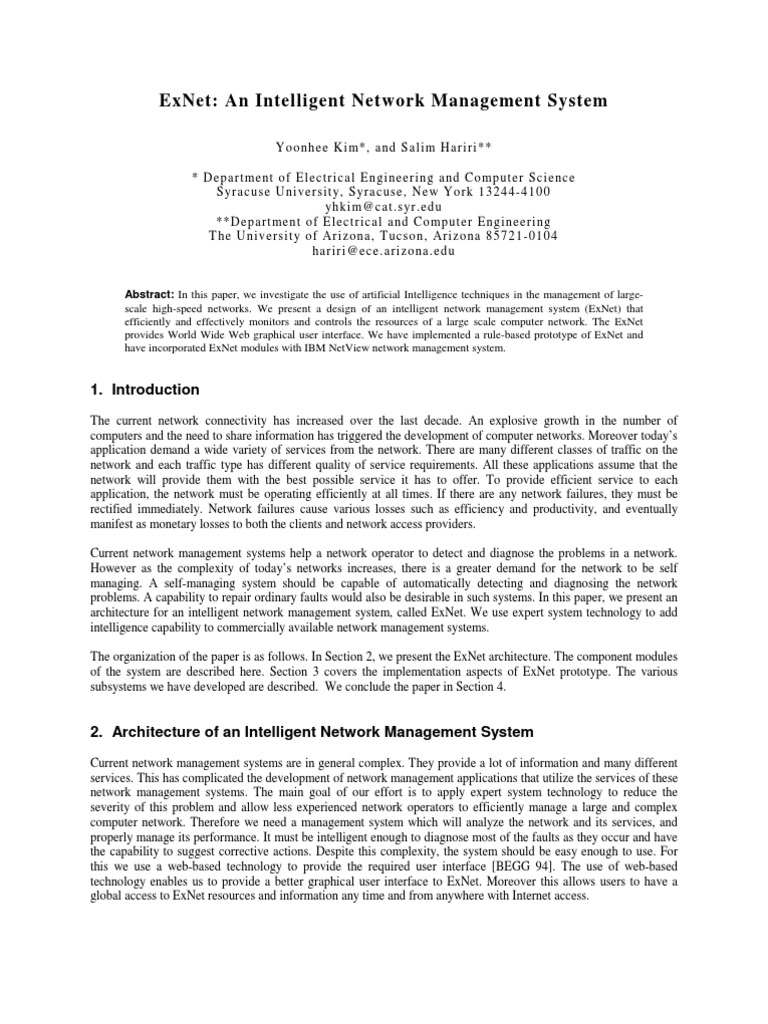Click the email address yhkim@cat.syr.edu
[x=383, y=206]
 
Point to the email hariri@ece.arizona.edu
[x=383, y=251]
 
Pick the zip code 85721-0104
[x=515, y=236]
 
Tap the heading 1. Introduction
[x=144, y=389]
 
